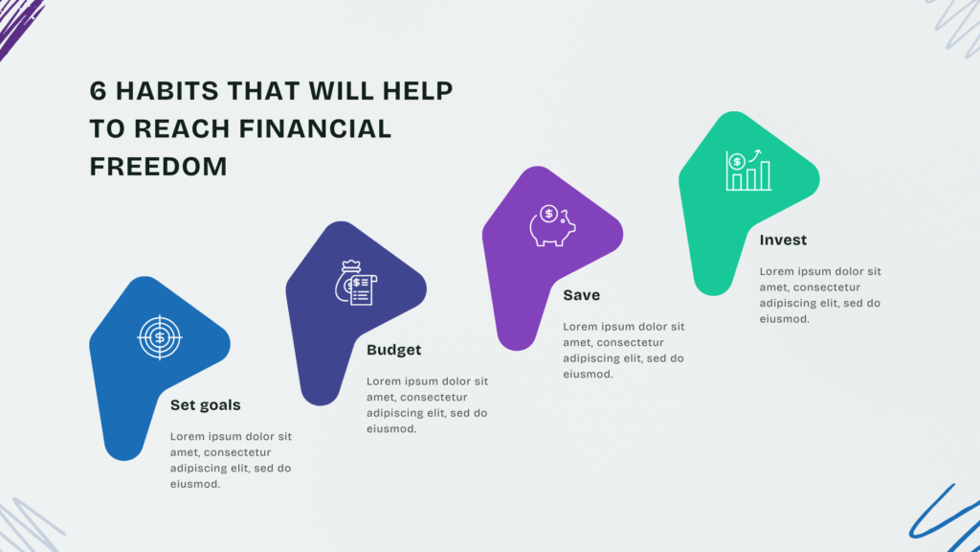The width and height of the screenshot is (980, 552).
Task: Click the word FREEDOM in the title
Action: (158, 167)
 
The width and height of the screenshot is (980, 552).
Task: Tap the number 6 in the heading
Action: (99, 91)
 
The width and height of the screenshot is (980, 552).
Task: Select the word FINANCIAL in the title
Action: (315, 129)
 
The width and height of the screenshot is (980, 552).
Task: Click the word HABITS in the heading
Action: (167, 91)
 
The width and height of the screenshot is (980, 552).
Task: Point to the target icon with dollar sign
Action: (160, 337)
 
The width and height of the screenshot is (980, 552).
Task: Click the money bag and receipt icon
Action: (356, 283)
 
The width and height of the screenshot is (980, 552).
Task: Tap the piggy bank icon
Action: (552, 226)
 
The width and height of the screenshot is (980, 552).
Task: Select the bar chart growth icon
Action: (748, 171)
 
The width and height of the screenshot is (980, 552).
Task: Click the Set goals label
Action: (205, 405)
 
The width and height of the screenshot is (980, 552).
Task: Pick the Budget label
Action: (393, 350)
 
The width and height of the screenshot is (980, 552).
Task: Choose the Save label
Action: (581, 295)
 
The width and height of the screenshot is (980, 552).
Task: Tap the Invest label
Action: (783, 240)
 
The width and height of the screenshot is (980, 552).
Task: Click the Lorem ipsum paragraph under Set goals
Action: (231, 460)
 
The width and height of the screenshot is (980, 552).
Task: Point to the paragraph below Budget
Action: (427, 405)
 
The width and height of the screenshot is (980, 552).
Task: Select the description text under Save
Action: (624, 350)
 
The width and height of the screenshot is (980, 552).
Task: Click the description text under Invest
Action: (820, 295)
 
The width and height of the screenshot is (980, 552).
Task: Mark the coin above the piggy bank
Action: (548, 214)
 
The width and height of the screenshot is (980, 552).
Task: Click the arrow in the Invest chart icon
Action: (755, 155)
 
